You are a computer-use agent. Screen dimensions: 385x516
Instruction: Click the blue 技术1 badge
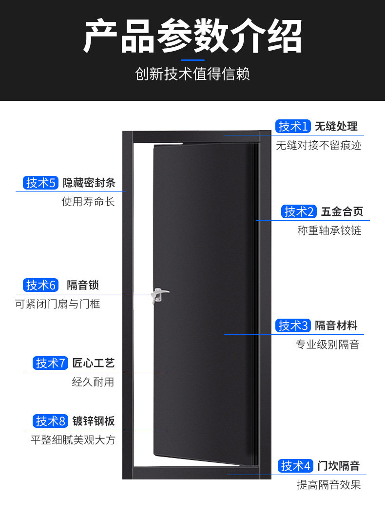(x=293, y=126)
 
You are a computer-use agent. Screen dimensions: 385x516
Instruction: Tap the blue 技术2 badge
(x=299, y=211)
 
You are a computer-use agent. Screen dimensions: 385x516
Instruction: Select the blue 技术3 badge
(x=293, y=325)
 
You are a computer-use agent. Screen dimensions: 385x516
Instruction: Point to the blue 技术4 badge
(x=295, y=466)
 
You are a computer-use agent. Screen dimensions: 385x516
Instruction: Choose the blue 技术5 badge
(x=41, y=183)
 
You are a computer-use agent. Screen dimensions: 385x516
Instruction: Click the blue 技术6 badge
(x=41, y=285)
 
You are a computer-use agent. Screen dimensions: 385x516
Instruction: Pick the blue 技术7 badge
(x=51, y=363)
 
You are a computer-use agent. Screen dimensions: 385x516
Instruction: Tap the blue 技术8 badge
(x=51, y=421)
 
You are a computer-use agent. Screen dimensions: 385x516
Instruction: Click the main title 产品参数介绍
(x=192, y=37)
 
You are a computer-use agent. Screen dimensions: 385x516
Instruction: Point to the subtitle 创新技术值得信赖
(x=192, y=74)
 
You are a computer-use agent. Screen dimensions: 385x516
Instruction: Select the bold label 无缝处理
(x=336, y=126)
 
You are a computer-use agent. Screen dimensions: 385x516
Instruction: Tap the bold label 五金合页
(x=342, y=211)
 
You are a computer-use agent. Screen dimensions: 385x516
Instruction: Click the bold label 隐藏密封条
(x=89, y=183)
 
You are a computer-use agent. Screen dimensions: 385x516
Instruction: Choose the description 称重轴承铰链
(x=329, y=230)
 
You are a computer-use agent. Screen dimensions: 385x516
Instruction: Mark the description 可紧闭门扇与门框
(x=58, y=304)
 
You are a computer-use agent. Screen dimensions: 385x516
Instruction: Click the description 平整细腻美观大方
(x=73, y=440)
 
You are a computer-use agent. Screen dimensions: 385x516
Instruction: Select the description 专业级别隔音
(x=327, y=344)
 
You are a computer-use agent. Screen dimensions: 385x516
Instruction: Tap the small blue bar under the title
(x=192, y=60)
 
